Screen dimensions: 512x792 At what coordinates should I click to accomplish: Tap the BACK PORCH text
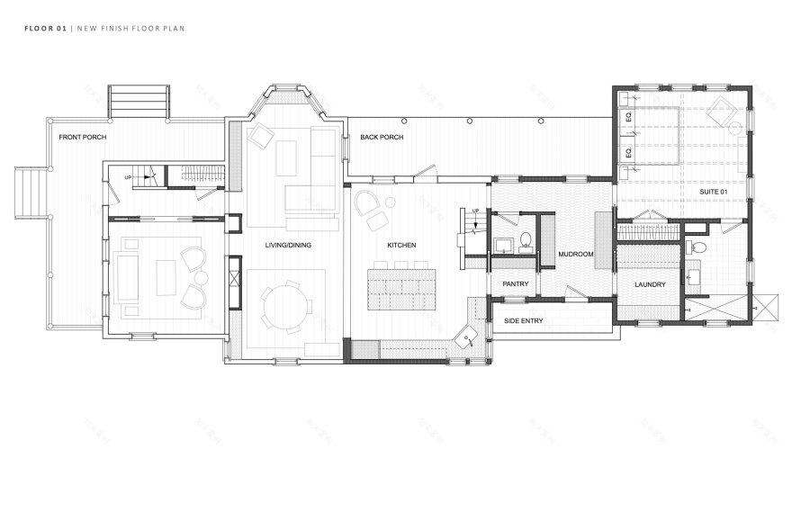click(x=382, y=137)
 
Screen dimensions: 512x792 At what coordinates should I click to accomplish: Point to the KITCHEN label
click(x=401, y=245)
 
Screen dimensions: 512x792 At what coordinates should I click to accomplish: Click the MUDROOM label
click(x=576, y=255)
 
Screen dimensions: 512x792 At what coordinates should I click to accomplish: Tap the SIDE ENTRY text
click(x=523, y=320)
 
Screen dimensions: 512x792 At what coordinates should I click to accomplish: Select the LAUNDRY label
click(x=649, y=284)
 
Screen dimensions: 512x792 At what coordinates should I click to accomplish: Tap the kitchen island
click(x=400, y=287)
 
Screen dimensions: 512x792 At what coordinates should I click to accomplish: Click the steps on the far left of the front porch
click(x=29, y=193)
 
